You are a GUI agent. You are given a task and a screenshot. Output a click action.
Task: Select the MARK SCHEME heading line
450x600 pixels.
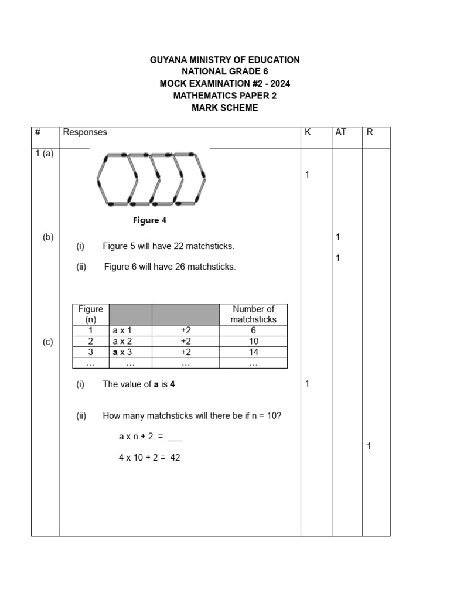225,108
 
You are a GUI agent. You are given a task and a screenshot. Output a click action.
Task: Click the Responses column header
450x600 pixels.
85,132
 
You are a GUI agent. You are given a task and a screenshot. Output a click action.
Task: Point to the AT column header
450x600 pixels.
340,132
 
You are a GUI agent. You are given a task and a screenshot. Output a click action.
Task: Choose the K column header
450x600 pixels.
308,132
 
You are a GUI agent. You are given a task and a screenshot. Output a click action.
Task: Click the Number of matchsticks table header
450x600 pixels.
253,314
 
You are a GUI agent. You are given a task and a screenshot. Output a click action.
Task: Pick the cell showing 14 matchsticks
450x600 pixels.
253,352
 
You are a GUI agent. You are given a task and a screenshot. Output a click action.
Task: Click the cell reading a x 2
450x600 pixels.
122,341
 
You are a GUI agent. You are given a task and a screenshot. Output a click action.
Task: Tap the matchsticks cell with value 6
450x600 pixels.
253,330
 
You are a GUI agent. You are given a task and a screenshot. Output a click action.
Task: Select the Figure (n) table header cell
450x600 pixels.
91,314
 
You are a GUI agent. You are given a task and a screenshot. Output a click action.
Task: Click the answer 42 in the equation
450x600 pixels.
175,458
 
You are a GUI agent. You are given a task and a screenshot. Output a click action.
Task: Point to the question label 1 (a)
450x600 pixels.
44,154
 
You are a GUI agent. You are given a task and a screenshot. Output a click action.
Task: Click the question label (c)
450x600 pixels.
48,343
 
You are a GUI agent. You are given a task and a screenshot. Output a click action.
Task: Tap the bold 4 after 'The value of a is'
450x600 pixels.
173,384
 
